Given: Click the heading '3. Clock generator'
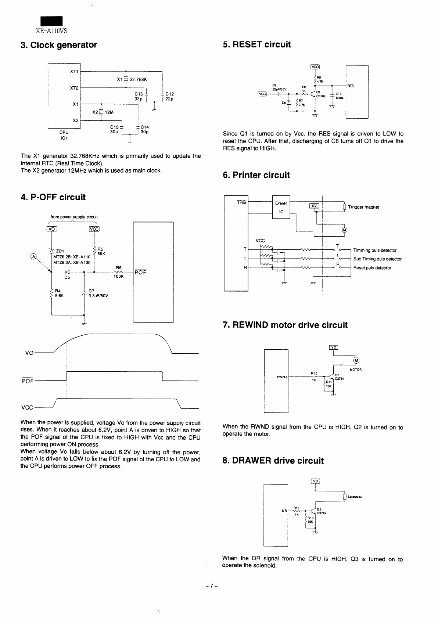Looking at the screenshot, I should pyautogui.click(x=59, y=45).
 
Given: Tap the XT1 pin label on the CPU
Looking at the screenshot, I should pyautogui.click(x=74, y=71).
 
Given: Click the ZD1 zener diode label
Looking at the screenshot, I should pyautogui.click(x=58, y=251).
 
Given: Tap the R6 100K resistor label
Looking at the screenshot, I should pyautogui.click(x=119, y=271).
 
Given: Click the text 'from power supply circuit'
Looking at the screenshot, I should pyautogui.click(x=74, y=217).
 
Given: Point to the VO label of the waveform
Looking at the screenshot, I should pyautogui.click(x=29, y=353).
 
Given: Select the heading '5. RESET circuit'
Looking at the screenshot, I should pyautogui.click(x=256, y=44).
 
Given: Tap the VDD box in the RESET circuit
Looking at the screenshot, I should pyautogui.click(x=315, y=67).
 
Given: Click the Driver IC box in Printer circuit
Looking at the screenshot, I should pyautogui.click(x=281, y=208).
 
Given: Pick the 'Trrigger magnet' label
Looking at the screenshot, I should pyautogui.click(x=363, y=207).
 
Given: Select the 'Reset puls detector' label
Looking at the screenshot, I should pyautogui.click(x=372, y=268).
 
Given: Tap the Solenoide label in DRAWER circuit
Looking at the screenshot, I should pyautogui.click(x=355, y=497).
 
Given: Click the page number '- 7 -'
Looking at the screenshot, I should pyautogui.click(x=212, y=586).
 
